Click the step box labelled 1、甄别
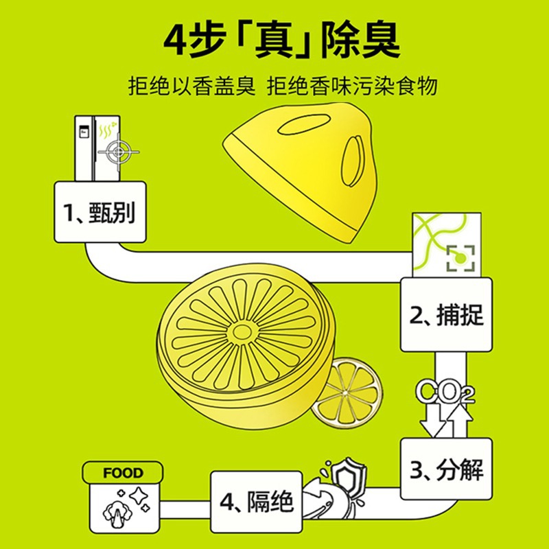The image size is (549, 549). [x=100, y=213]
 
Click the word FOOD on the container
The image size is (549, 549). [x=124, y=474]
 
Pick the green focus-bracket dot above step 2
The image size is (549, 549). [x=461, y=258]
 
